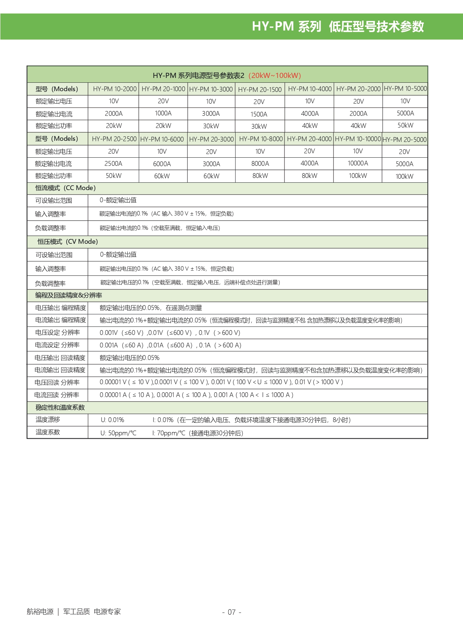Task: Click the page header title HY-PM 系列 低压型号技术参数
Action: coord(337,26)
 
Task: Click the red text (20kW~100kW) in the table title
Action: coord(275,75)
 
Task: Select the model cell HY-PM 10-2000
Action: coord(114,89)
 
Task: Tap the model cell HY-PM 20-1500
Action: coord(259,89)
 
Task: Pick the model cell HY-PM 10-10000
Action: coord(358,139)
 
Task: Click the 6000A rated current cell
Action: coord(162,164)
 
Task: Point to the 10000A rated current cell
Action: coord(358,163)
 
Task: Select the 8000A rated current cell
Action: coord(260,164)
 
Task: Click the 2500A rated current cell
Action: coord(113,164)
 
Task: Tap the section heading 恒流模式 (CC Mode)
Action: coord(65,188)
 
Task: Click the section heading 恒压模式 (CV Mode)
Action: coord(67,242)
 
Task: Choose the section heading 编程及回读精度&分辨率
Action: coord(68,295)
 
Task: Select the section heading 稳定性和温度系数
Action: coord(60,407)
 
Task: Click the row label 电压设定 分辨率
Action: coord(57,333)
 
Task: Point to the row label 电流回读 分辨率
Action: coord(57,395)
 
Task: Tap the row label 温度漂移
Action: coord(48,419)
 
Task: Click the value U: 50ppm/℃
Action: coord(118,433)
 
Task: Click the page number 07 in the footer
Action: coord(231,612)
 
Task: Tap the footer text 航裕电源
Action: coord(40,611)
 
